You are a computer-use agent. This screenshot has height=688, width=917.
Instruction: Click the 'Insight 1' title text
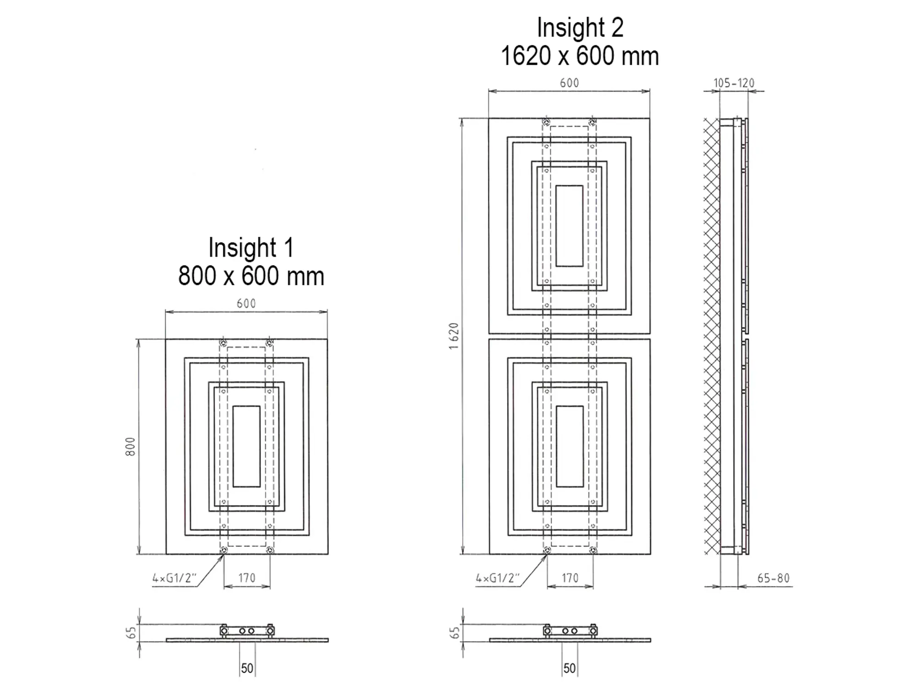click(x=251, y=248)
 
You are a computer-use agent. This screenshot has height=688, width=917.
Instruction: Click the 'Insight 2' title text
click(x=580, y=28)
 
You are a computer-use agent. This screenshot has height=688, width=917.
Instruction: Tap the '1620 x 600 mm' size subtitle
click(x=580, y=56)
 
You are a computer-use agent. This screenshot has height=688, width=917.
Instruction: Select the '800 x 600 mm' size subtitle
click(x=251, y=276)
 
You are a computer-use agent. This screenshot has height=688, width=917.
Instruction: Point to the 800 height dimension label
click(x=131, y=446)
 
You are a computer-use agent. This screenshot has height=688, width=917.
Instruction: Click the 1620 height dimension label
click(x=454, y=336)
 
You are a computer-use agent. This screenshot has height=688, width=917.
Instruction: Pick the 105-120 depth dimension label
click(x=734, y=83)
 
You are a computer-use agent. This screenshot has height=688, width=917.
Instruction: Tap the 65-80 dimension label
click(x=773, y=578)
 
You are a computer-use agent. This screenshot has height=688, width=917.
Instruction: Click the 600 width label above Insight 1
click(x=246, y=303)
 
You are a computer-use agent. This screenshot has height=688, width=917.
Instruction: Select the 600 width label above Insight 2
click(x=569, y=83)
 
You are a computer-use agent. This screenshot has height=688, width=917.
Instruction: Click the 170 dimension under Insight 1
click(x=247, y=578)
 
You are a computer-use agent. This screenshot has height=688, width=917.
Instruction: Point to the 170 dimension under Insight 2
click(x=570, y=578)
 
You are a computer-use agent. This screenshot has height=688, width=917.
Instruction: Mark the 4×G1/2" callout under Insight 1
click(x=174, y=578)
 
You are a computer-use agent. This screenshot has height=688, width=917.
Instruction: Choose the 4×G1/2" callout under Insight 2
click(x=497, y=578)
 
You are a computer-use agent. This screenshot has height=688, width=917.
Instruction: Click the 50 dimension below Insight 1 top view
click(x=247, y=668)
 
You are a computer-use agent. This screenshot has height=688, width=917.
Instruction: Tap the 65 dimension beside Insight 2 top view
click(x=454, y=633)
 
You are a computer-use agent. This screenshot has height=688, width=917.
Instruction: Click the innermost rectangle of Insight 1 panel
click(x=247, y=446)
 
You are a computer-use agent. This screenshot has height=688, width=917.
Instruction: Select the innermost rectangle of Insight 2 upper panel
click(x=569, y=226)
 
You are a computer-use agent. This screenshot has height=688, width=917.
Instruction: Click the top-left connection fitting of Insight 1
click(x=223, y=343)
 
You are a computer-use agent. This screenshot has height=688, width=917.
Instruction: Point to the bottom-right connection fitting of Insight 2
click(x=593, y=550)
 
